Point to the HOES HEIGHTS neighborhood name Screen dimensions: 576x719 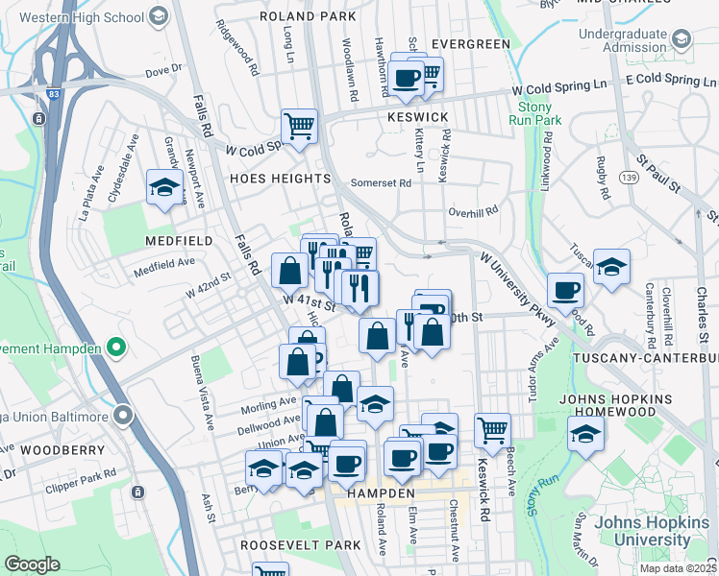tap(280, 180)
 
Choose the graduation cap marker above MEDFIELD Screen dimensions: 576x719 tap(164, 187)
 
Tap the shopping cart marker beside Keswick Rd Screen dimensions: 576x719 tap(492, 431)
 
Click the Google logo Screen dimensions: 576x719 tap(32, 564)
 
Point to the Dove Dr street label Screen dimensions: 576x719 tap(163, 70)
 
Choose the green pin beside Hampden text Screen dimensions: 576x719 tap(116, 347)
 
